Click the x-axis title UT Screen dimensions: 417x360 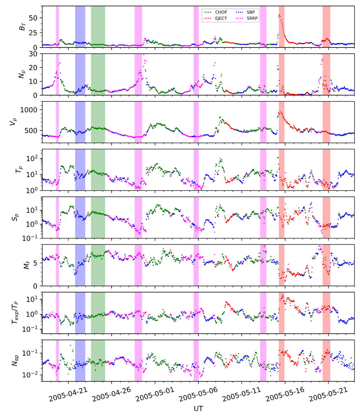pyautogui.click(x=198, y=409)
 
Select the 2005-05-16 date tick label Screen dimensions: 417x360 pyautogui.click(x=285, y=394)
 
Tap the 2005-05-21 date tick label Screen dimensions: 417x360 pyautogui.click(x=329, y=394)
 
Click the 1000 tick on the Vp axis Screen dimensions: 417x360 pyautogui.click(x=29, y=110)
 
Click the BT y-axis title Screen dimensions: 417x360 pyautogui.click(x=22, y=27)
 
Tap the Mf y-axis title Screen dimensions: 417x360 pyautogui.click(x=27, y=265)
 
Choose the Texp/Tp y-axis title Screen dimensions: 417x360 pyautogui.click(x=15, y=313)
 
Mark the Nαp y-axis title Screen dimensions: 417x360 pyautogui.click(x=15, y=360)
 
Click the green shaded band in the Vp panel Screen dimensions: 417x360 pyautogui.click(x=98, y=122)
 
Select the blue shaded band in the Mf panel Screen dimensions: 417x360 pyautogui.click(x=80, y=265)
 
